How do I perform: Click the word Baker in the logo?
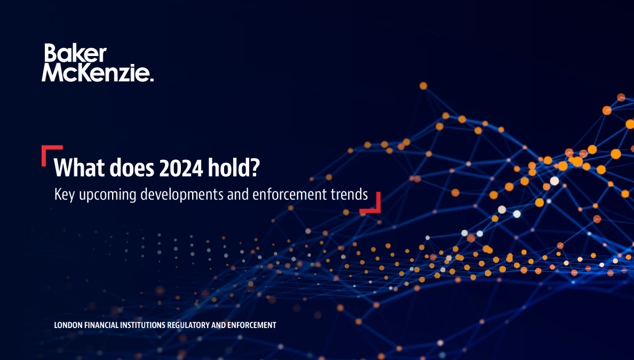coord(75,53)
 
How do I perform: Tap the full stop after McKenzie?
coord(152,79)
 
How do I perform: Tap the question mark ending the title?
coord(255,169)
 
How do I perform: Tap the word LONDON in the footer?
coord(67,325)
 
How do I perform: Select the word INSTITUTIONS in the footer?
coord(143,325)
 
